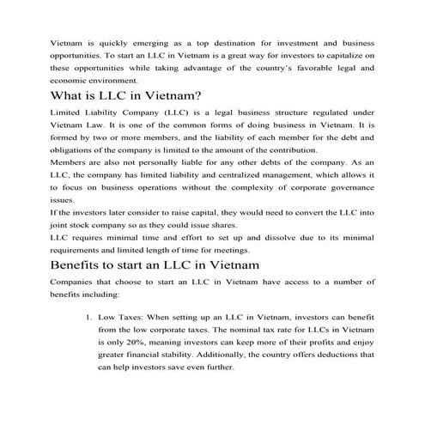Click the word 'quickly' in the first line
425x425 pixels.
click(x=125, y=39)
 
